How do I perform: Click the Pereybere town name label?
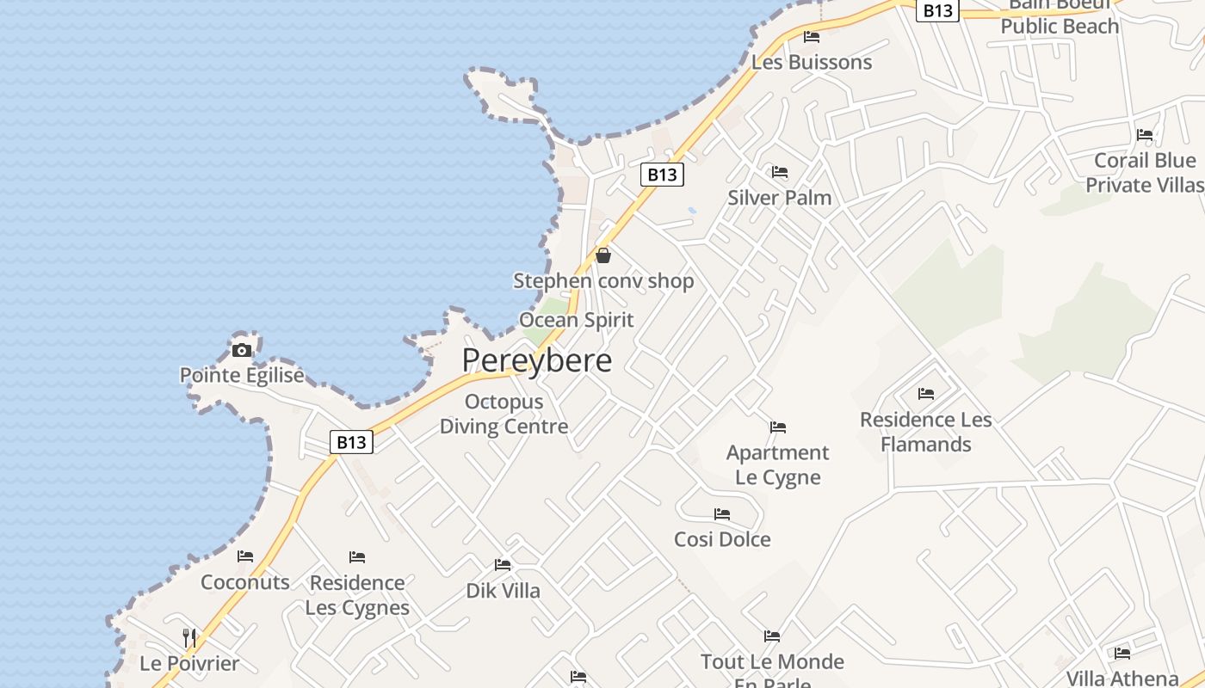point(536,360)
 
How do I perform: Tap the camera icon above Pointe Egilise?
point(242,350)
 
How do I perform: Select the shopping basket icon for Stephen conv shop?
point(603,255)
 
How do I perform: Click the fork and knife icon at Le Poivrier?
point(189,638)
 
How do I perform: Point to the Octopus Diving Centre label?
point(504,414)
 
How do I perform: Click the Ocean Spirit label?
point(576,320)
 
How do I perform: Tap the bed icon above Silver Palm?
point(780,173)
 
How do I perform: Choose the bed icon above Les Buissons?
point(812,37)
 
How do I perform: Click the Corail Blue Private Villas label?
point(1145,173)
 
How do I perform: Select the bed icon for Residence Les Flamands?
point(926,394)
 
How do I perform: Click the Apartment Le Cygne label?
point(778,464)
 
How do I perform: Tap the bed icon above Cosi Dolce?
point(722,514)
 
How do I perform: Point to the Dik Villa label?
point(503,591)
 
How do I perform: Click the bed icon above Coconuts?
point(245,556)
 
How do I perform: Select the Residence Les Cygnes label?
point(357,595)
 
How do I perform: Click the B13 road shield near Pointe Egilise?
point(351,442)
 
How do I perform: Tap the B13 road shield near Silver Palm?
point(662,175)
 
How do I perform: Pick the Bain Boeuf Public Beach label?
point(1060,17)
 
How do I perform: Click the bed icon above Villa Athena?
point(1122,654)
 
